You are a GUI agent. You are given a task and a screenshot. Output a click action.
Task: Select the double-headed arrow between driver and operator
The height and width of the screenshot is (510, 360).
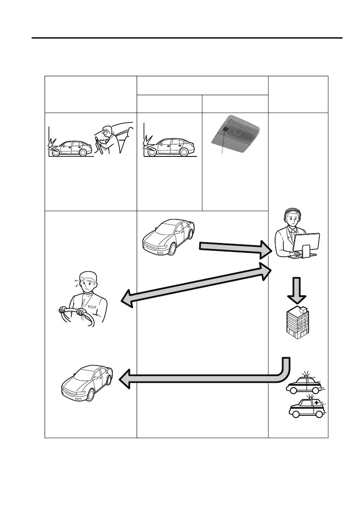(197, 285)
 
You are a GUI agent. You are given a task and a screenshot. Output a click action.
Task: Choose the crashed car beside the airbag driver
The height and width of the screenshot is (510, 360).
(71, 148)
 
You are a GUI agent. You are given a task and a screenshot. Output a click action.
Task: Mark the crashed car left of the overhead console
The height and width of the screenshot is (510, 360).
(167, 148)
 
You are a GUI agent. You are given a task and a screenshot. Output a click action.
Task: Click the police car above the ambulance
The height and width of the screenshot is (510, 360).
(303, 384)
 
